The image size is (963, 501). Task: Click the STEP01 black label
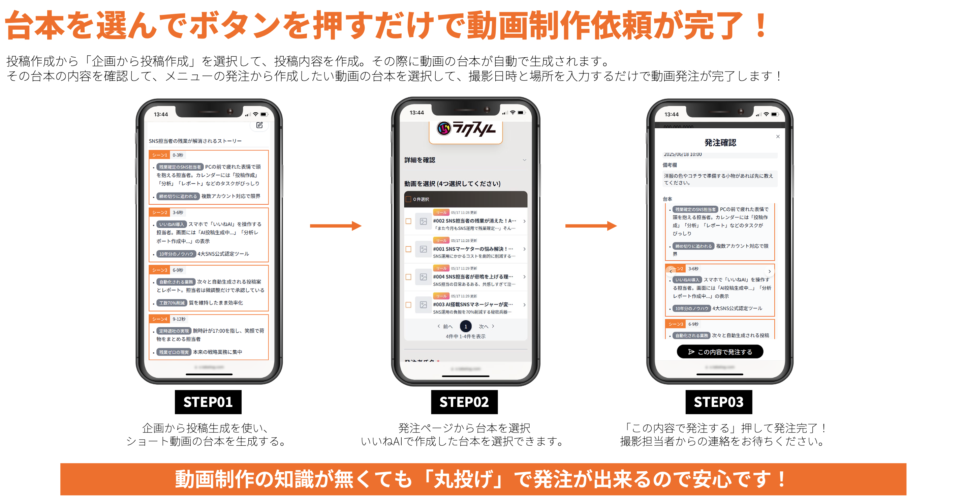[x=208, y=402]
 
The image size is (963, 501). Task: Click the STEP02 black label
[x=464, y=402]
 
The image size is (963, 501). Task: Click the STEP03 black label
[x=718, y=402]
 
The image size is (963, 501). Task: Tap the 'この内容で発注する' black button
[x=720, y=352]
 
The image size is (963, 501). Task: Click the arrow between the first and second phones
[x=335, y=226]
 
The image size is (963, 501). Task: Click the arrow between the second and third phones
[x=591, y=226]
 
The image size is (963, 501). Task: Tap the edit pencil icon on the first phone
[x=259, y=125]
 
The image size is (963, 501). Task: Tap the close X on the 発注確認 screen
[x=778, y=137]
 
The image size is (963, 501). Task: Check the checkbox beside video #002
[x=409, y=221]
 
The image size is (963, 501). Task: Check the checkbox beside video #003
[x=409, y=305]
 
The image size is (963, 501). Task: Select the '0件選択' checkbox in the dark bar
[x=409, y=199]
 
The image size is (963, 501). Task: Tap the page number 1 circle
[x=466, y=326]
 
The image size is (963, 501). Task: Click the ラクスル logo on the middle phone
[x=466, y=129]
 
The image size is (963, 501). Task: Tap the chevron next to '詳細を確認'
[x=525, y=160]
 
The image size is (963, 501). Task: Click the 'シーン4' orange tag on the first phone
[x=160, y=319]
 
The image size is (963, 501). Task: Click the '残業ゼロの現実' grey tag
[x=174, y=352]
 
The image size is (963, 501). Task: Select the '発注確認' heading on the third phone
[x=720, y=143]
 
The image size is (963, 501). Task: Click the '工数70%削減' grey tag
[x=172, y=303]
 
